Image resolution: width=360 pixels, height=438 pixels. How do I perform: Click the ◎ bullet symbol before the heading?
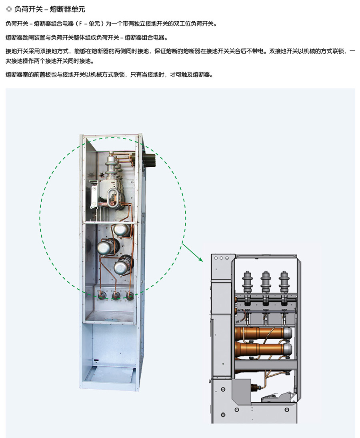[9, 9]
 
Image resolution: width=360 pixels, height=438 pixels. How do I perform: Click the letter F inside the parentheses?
[80, 24]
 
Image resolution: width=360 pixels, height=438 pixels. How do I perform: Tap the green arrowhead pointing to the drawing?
[200, 259]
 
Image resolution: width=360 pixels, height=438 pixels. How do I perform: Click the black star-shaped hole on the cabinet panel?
[102, 174]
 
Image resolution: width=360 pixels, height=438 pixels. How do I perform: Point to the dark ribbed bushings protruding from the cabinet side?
[150, 160]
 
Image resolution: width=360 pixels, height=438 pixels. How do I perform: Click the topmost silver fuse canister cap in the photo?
[121, 230]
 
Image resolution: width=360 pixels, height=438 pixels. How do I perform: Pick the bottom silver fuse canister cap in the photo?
[121, 267]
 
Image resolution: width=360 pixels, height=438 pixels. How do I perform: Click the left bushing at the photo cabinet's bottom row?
[102, 295]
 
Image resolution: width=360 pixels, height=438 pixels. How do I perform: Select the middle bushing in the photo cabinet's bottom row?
[116, 295]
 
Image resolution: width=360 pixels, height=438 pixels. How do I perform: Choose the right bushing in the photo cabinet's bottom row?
[129, 296]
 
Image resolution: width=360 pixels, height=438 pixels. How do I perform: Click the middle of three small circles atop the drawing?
[221, 258]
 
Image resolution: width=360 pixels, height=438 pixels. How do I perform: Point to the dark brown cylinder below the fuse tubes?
[254, 387]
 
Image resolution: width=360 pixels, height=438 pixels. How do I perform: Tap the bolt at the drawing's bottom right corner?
[286, 410]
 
